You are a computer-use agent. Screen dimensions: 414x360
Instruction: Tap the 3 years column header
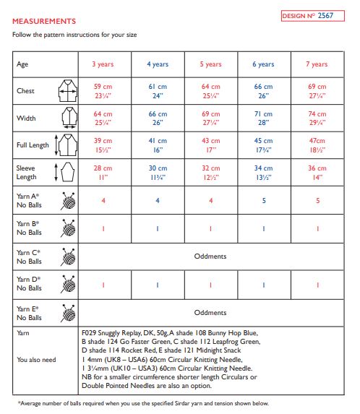pos(103,64)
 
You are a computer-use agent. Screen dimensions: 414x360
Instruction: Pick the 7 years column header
pos(316,64)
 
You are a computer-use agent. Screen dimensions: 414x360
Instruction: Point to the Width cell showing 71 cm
pos(263,118)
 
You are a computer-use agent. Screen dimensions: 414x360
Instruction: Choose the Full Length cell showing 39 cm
pos(103,145)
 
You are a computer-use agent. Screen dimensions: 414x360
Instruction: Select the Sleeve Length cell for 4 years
pos(157,172)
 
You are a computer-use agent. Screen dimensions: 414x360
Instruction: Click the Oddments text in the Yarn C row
pos(210,256)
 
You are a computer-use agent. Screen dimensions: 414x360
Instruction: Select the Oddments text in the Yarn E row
pos(210,312)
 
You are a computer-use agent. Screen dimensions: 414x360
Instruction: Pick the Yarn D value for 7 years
pos(316,284)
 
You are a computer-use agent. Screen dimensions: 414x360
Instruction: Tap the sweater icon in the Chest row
pos(68,90)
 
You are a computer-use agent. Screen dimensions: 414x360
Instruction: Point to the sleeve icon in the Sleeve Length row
pos(67,172)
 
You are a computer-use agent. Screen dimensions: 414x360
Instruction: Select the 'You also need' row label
pos(36,358)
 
